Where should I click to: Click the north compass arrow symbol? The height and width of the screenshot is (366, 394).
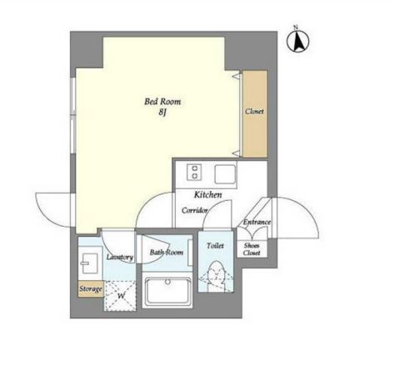[297, 41]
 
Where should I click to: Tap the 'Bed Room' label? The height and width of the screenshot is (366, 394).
[162, 102]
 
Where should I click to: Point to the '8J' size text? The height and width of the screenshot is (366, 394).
[162, 113]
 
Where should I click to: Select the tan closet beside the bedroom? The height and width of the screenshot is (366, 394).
[255, 113]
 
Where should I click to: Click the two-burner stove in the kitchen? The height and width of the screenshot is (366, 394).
[194, 173]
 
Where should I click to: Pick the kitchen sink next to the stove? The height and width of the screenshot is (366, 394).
[225, 174]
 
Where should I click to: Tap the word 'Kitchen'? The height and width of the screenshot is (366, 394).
[208, 195]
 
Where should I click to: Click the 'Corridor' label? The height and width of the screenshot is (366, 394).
[195, 211]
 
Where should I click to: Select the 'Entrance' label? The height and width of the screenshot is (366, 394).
[257, 222]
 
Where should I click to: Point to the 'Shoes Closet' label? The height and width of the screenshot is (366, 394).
[252, 249]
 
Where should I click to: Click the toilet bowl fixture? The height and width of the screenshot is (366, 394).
[216, 276]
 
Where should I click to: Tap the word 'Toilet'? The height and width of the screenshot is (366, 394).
[215, 246]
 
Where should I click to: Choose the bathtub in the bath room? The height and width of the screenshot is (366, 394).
[167, 292]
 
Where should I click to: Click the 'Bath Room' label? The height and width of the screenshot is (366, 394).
[167, 253]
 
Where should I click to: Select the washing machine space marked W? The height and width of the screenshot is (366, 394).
[120, 296]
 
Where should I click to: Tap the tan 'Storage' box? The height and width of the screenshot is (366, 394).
[91, 289]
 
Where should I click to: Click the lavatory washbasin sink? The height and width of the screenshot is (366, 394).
[88, 263]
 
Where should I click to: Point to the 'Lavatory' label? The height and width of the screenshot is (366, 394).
[120, 257]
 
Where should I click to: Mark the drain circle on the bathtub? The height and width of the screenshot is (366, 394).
[167, 282]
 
